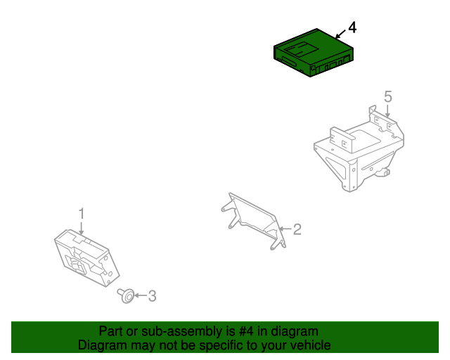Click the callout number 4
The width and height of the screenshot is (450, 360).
pos(352,27)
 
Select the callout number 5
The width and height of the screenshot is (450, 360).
pos(387,97)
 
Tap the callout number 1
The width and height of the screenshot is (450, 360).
pos(82,214)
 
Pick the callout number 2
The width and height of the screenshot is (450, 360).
pos(297,229)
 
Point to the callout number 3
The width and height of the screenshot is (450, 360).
pos(152,296)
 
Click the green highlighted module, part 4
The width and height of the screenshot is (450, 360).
pos(313,53)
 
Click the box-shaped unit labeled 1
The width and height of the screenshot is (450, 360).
pos(86,258)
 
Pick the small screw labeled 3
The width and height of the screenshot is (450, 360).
pos(127,295)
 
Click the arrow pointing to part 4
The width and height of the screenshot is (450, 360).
pos(341,34)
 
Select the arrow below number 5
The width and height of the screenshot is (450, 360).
pos(387,111)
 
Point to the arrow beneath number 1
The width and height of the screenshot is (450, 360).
pos(82,229)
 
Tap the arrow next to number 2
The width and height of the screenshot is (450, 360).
pos(285,229)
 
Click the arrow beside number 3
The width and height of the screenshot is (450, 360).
pos(141,295)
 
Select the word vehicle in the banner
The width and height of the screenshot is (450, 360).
pos(313,345)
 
